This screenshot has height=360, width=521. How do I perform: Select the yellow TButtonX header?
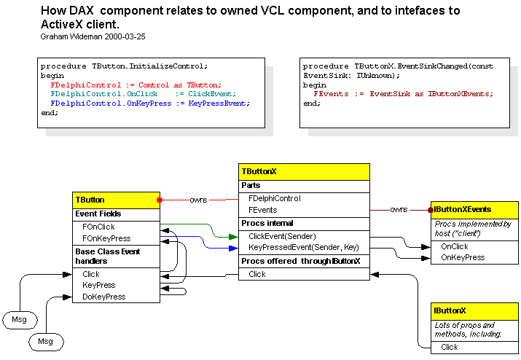pyautogui.click(x=304, y=172)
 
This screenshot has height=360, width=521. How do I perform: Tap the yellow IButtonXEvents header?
pyautogui.click(x=474, y=209)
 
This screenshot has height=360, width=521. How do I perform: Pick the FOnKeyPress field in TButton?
pyautogui.click(x=106, y=238)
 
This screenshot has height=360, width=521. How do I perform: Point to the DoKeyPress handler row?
pyautogui.click(x=103, y=297)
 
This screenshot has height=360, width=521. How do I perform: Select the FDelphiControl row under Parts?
pyautogui.click(x=275, y=198)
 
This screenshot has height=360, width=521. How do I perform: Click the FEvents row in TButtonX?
pyautogui.click(x=263, y=210)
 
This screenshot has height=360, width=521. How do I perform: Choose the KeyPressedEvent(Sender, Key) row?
pyautogui.click(x=294, y=247)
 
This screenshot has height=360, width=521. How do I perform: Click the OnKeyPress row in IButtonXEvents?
pyautogui.click(x=463, y=257)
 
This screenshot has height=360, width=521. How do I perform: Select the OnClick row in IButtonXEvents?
pyautogui.click(x=455, y=246)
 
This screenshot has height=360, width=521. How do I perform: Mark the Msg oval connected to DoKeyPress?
pyautogui.click(x=46, y=340)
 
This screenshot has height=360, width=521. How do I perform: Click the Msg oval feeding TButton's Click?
pyautogui.click(x=20, y=319)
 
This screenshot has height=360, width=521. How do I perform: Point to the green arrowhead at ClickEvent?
pyautogui.click(x=234, y=236)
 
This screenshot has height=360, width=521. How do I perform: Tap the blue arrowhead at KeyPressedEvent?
pyautogui.click(x=234, y=247)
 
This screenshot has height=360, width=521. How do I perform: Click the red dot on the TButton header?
pyautogui.click(x=160, y=199)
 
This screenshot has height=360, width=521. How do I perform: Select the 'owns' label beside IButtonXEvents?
pyautogui.click(x=399, y=210)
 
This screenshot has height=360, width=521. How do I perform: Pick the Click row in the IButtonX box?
pyautogui.click(x=450, y=347)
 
